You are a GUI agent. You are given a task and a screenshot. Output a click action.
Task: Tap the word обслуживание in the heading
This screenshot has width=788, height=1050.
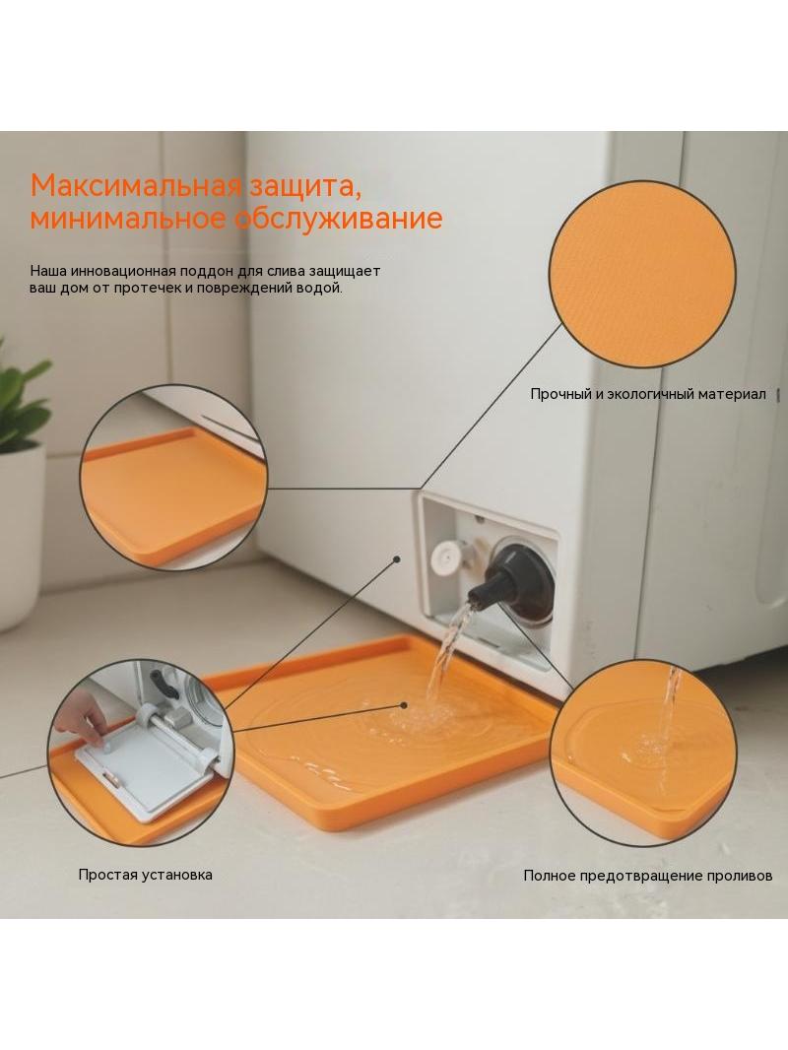coord(340,219)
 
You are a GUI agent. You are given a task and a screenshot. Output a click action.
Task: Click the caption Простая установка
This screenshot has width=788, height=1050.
coord(145,875)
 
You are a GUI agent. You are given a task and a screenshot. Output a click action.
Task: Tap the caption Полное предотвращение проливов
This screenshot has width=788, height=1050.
coord(647,876)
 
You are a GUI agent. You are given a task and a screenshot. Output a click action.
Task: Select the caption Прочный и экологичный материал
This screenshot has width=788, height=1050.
coord(647,394)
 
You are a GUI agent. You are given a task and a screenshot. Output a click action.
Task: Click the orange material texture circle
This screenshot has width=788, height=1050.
coord(642,275)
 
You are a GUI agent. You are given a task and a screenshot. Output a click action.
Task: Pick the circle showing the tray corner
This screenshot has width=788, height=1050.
coord(173,478)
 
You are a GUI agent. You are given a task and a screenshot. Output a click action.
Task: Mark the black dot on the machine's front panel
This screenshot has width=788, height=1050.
coord(396,558)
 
